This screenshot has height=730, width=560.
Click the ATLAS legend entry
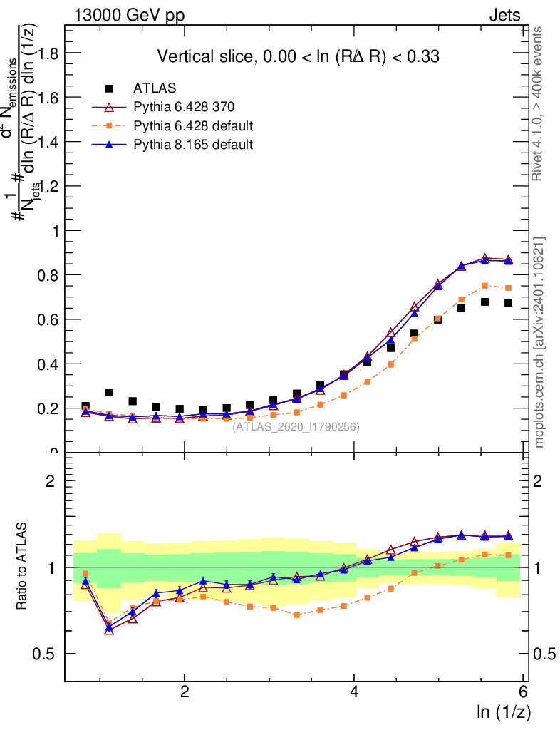click(x=150, y=88)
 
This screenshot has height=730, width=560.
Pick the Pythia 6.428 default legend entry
click(x=193, y=126)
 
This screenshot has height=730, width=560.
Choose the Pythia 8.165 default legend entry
click(x=193, y=145)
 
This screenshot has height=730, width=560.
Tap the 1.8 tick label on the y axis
click(x=46, y=53)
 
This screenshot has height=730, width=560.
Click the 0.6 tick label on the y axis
click(x=46, y=319)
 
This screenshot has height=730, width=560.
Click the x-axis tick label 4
click(x=354, y=692)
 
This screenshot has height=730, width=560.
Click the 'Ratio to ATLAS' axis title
click(x=22, y=567)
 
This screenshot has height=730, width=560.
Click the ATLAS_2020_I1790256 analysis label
click(x=296, y=427)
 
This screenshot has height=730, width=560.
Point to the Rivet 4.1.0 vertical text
click(x=540, y=103)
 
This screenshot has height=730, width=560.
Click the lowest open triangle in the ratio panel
click(x=109, y=630)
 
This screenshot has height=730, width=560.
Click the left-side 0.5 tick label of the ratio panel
click(x=46, y=654)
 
